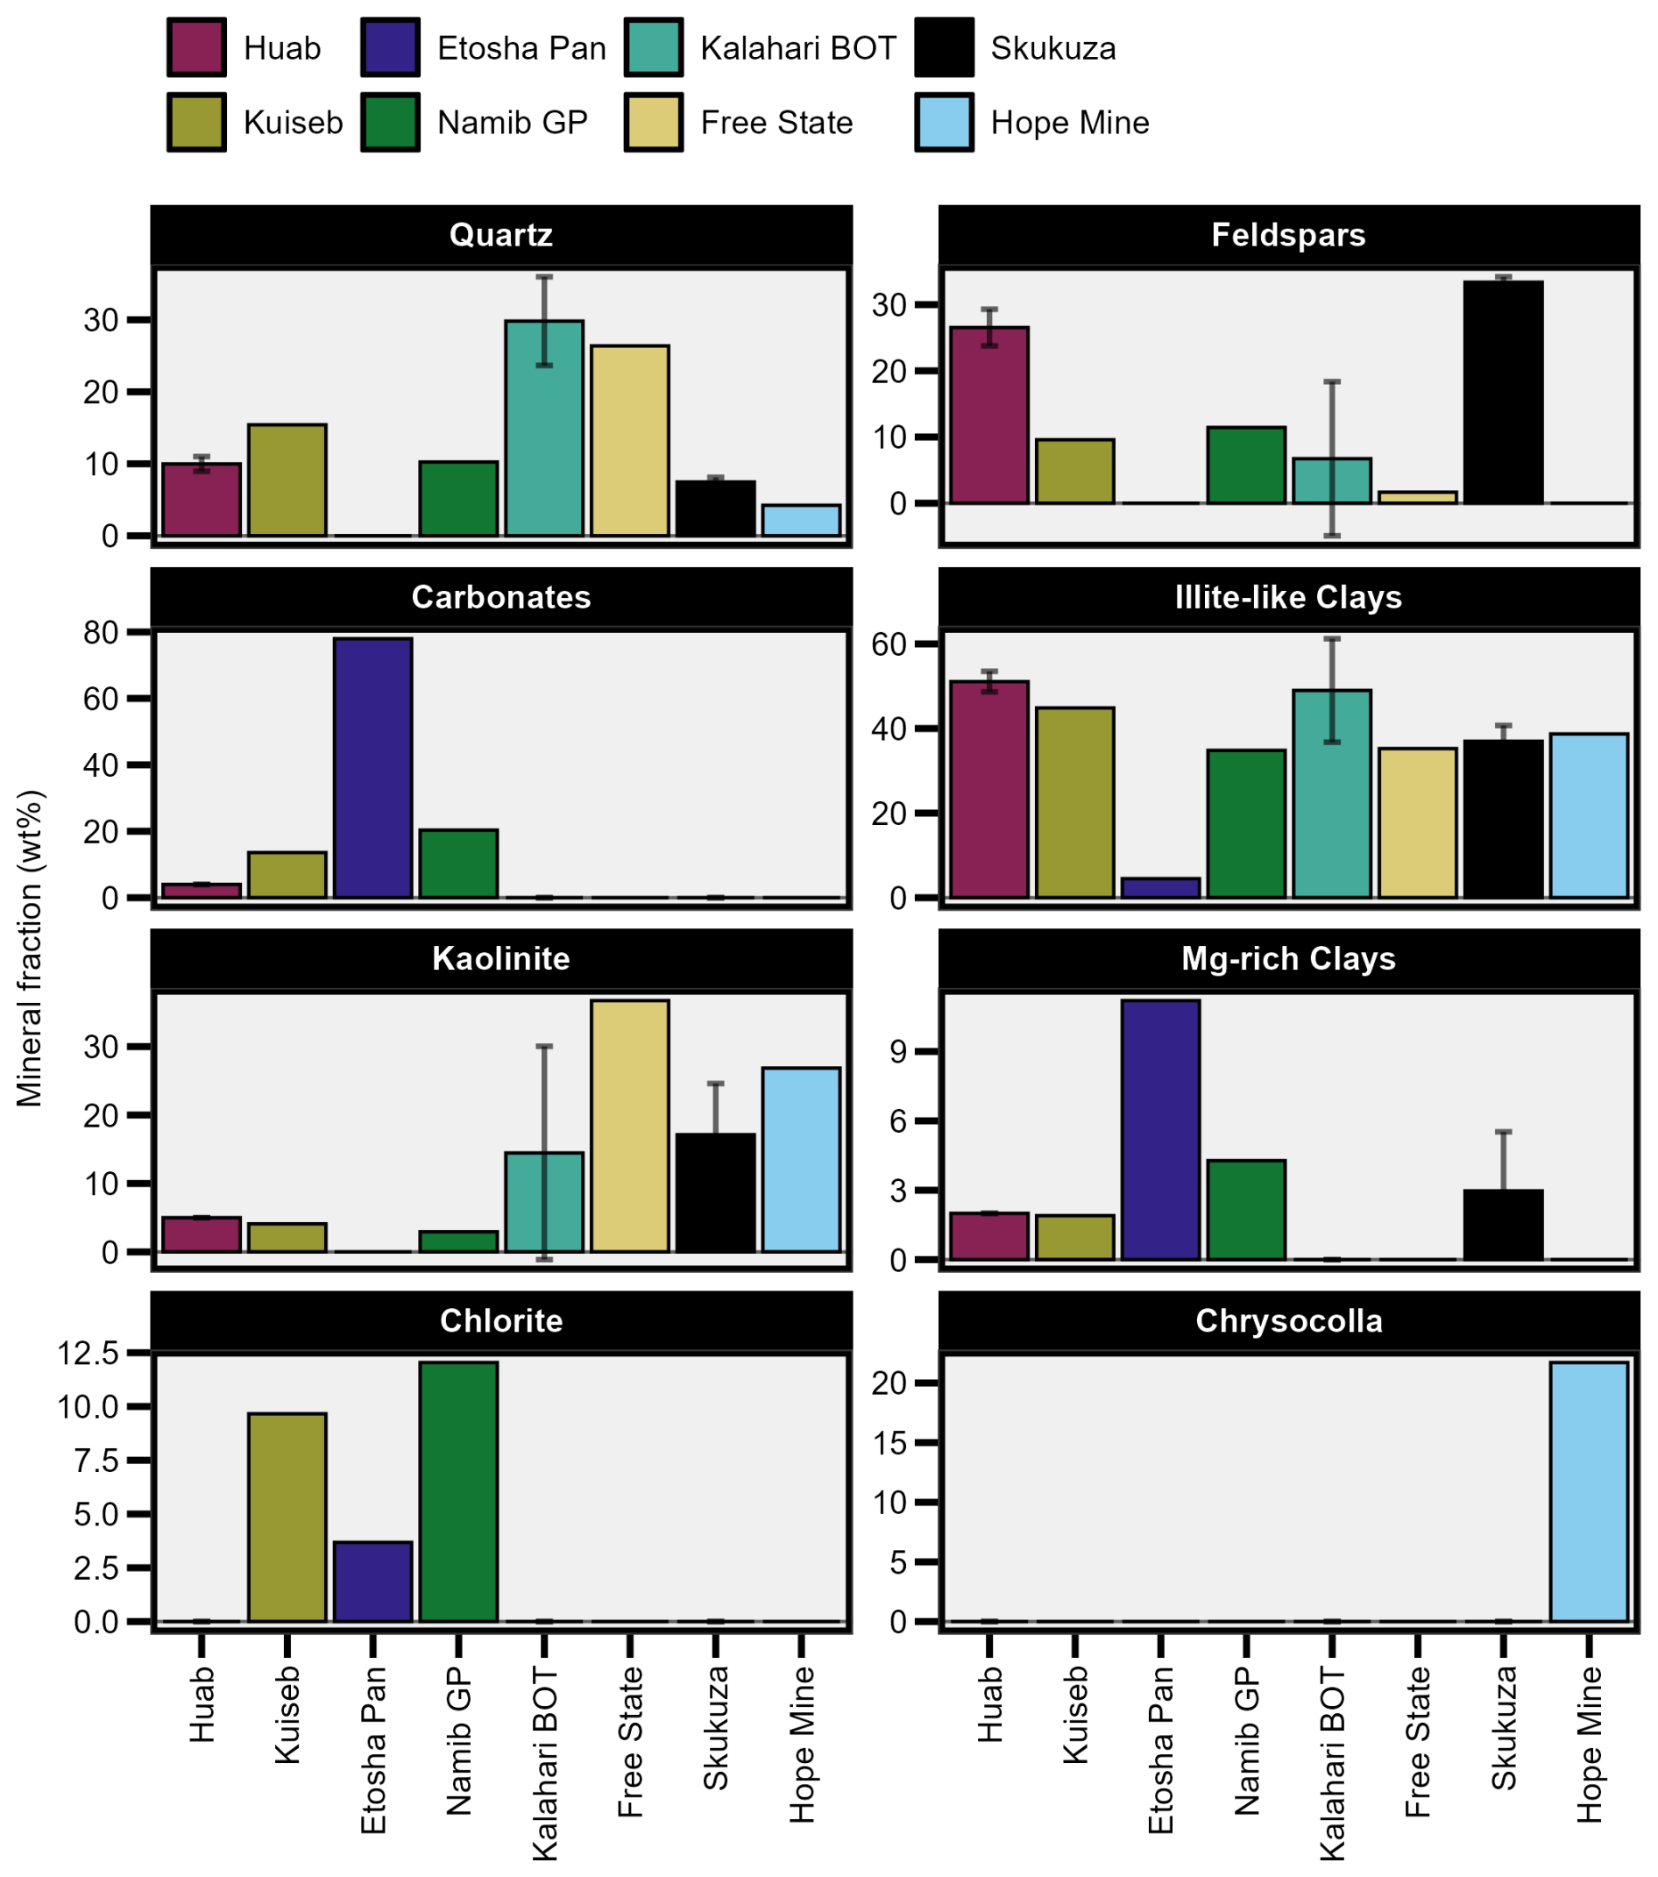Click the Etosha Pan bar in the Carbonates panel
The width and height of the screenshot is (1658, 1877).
pyautogui.click(x=372, y=767)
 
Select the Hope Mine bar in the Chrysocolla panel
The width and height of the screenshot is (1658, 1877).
pyautogui.click(x=1588, y=1492)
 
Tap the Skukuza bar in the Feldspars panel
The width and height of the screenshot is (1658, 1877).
pyautogui.click(x=1503, y=392)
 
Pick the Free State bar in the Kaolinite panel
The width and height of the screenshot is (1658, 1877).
pyautogui.click(x=630, y=1126)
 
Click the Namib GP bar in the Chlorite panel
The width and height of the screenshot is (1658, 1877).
pyautogui.click(x=458, y=1492)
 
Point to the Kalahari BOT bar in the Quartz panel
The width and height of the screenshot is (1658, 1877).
pyautogui.click(x=544, y=428)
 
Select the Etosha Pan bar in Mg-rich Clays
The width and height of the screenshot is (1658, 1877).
pyautogui.click(x=1160, y=1129)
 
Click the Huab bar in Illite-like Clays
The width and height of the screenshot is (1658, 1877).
pyautogui.click(x=988, y=789)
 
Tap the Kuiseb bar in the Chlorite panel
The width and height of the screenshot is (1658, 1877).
pyautogui.click(x=287, y=1518)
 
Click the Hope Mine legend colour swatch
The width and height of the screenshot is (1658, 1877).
pyautogui.click(x=944, y=122)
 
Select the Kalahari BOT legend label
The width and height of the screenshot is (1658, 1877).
pyautogui.click(x=797, y=47)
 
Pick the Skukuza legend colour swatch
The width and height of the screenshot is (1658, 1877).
pyautogui.click(x=944, y=46)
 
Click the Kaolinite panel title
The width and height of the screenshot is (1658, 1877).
pyautogui.click(x=501, y=959)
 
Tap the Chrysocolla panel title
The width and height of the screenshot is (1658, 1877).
pyautogui.click(x=1289, y=1320)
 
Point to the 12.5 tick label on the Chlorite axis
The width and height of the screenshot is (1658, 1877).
pyautogui.click(x=89, y=1353)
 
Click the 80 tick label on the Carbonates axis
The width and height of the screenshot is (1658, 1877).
pyautogui.click(x=101, y=633)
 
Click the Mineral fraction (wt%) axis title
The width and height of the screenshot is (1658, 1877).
pyautogui.click(x=30, y=948)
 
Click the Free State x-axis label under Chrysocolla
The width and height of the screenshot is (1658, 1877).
pyautogui.click(x=1418, y=1742)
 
